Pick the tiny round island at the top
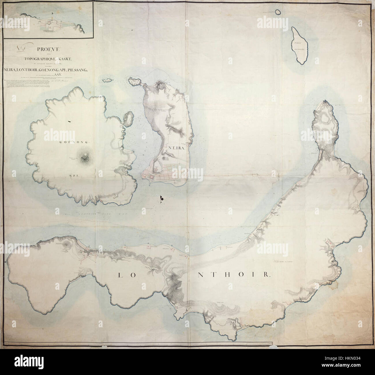pyautogui.click(x=277, y=12)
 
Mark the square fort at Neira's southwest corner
pyautogui.click(x=151, y=177)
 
